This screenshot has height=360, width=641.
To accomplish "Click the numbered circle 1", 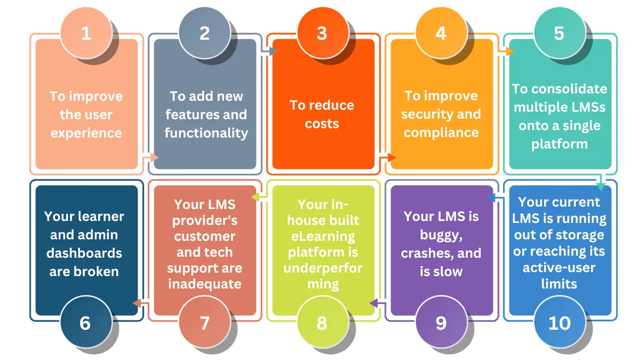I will pyautogui.click(x=86, y=33).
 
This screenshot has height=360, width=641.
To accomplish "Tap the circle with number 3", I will pyautogui.click(x=322, y=33).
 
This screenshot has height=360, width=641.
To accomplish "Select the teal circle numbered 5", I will pyautogui.click(x=559, y=33).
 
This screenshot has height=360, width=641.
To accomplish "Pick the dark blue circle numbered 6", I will pyautogui.click(x=85, y=323).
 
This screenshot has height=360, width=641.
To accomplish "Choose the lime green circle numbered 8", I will pyautogui.click(x=322, y=323).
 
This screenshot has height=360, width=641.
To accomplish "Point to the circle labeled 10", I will pyautogui.click(x=559, y=323).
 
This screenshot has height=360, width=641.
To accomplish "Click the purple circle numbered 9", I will pyautogui.click(x=441, y=323).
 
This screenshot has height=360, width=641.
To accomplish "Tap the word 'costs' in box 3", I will pyautogui.click(x=322, y=123).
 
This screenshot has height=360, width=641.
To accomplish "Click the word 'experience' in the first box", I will pyautogui.click(x=86, y=133).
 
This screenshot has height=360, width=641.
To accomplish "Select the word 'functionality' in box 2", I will pyautogui.click(x=206, y=133).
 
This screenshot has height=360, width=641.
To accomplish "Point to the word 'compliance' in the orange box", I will pyautogui.click(x=441, y=133).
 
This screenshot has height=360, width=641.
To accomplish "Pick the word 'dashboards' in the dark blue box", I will pyautogui.click(x=84, y=253).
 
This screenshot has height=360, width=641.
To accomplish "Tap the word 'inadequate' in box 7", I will pyautogui.click(x=205, y=284).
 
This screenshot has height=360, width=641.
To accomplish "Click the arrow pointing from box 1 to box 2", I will pyautogui.click(x=151, y=157).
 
